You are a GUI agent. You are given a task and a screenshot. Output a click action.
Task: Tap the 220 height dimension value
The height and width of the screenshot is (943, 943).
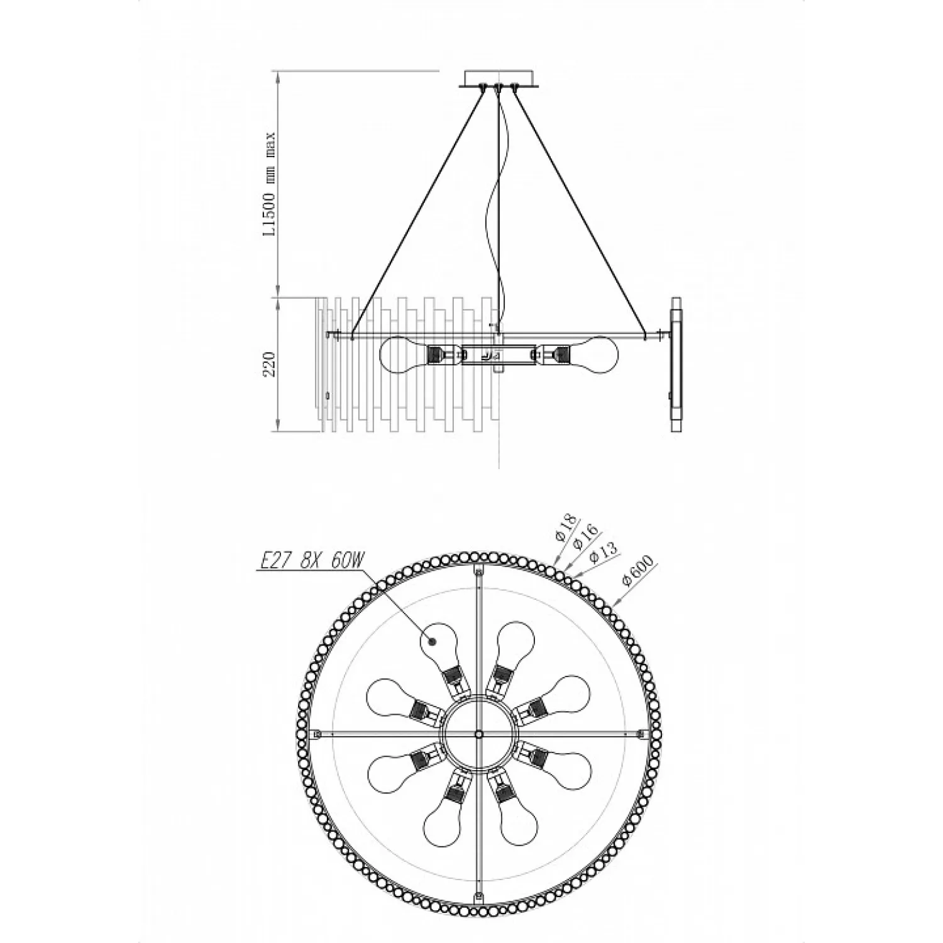(270, 363)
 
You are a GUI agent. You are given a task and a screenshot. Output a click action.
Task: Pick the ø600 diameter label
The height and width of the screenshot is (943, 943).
(639, 570)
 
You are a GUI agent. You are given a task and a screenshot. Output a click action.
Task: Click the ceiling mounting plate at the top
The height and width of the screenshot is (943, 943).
(499, 78)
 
